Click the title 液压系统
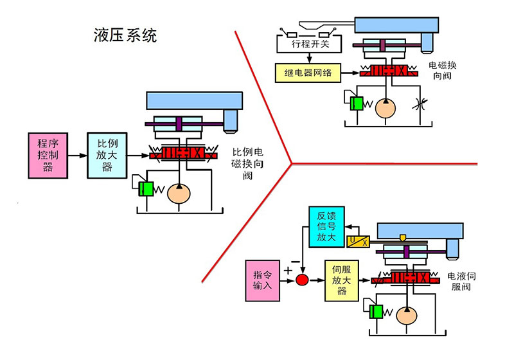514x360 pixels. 125,36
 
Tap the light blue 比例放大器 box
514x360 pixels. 107,154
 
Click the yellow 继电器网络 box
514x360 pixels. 306,73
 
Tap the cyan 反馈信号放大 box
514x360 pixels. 326,228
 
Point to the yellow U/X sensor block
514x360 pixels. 357,242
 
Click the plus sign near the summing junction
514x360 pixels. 288,271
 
